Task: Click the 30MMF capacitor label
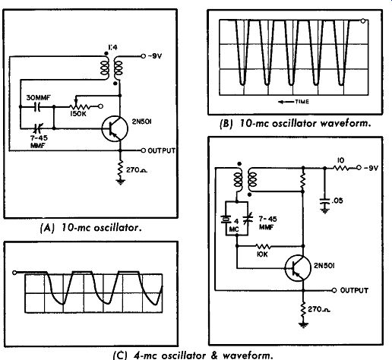click(x=39, y=97)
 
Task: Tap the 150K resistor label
click(x=78, y=114)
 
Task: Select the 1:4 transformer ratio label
click(x=112, y=47)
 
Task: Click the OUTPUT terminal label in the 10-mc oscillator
click(x=161, y=150)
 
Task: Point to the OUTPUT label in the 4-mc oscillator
click(x=354, y=290)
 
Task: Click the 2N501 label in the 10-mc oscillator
click(x=141, y=122)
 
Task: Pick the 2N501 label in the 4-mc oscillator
click(x=324, y=266)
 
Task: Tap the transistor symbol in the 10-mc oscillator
click(x=115, y=128)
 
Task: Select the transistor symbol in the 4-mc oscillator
click(x=298, y=268)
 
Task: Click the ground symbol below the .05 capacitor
click(x=325, y=210)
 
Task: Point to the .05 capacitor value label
click(x=337, y=201)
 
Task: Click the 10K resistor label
click(x=262, y=254)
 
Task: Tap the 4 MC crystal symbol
click(x=226, y=219)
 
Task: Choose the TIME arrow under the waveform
click(x=286, y=102)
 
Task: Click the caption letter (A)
click(x=47, y=229)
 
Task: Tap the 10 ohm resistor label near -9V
click(x=340, y=160)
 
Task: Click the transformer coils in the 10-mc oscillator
click(x=112, y=68)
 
